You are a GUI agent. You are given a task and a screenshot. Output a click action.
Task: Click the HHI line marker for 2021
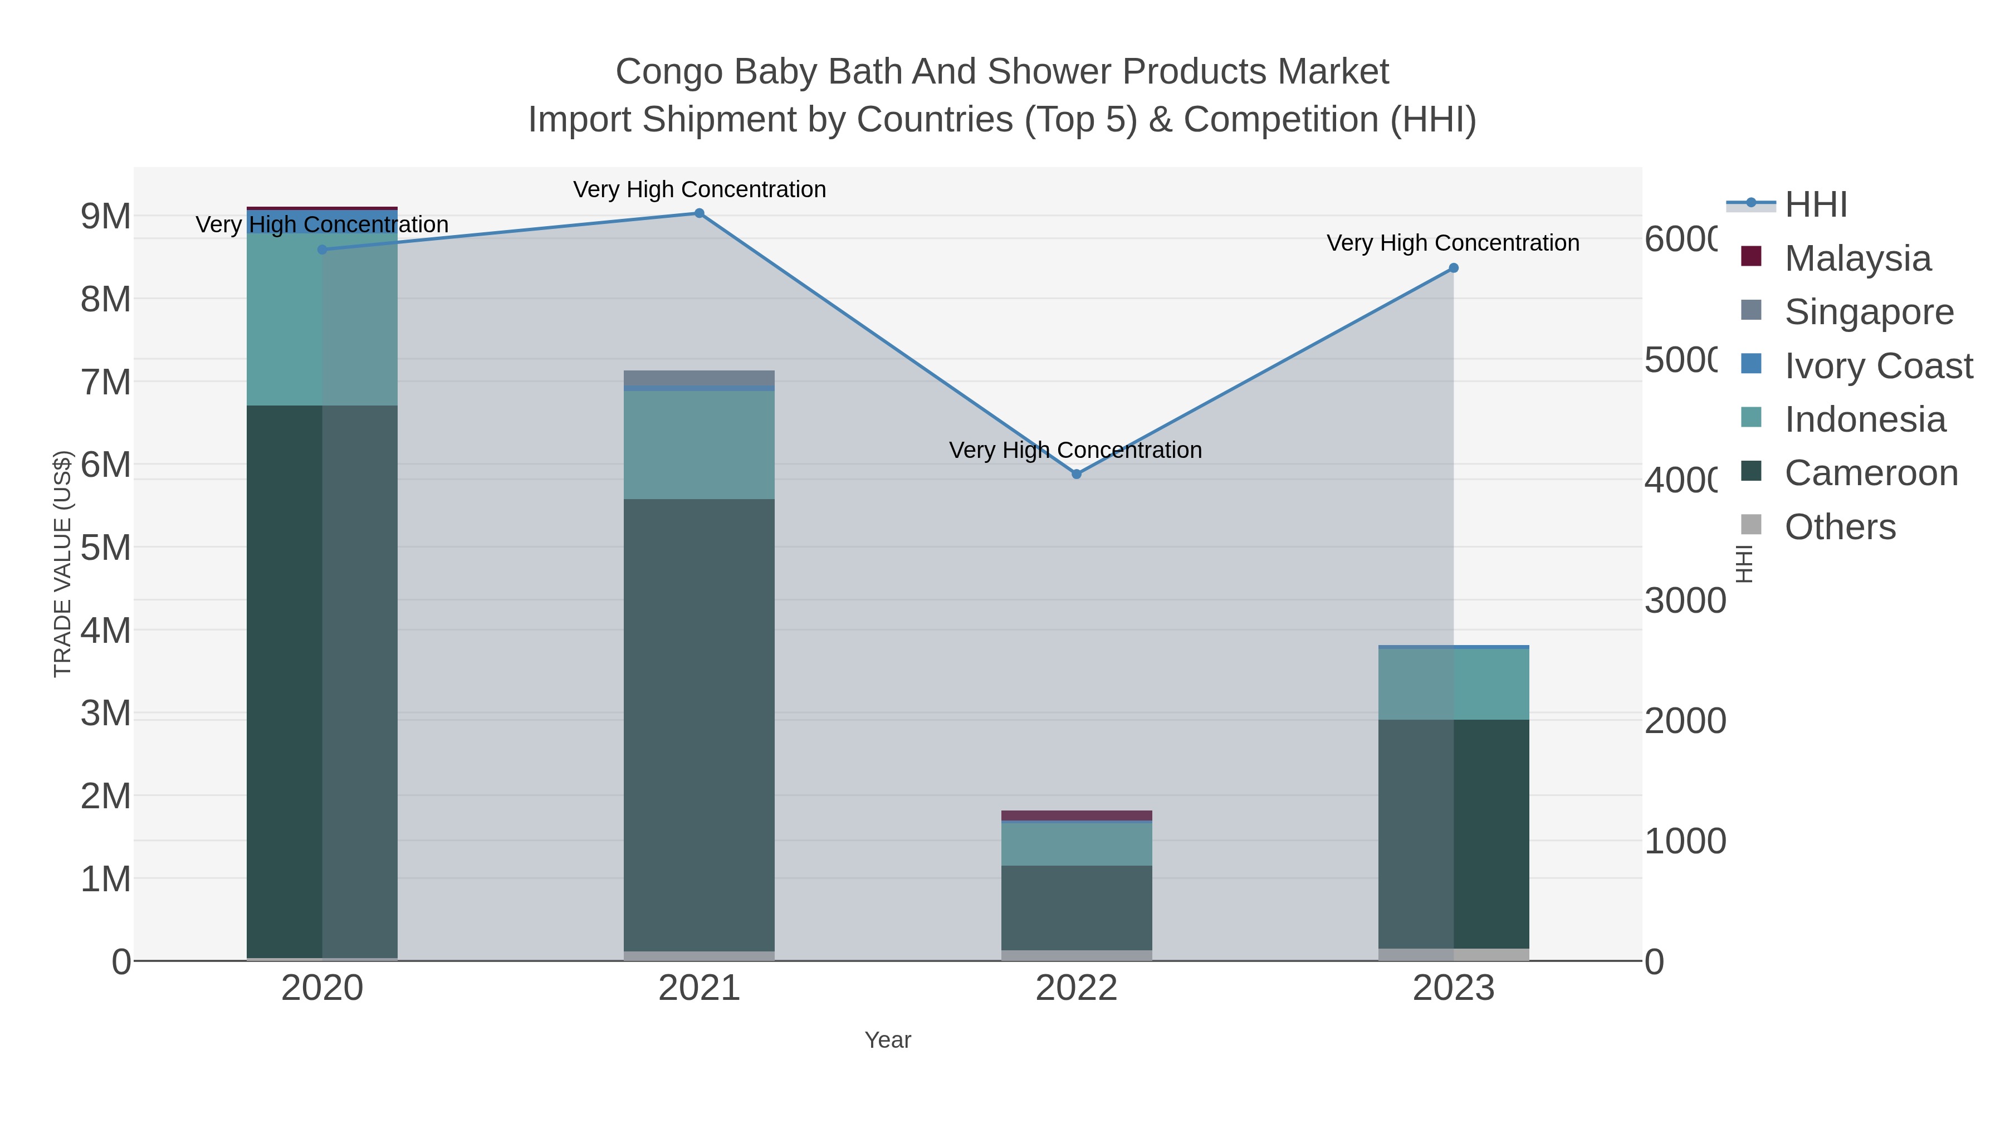click(x=699, y=213)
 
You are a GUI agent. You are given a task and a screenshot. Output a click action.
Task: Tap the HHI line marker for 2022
click(x=1077, y=474)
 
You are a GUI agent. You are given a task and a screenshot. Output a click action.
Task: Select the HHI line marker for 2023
click(x=1453, y=268)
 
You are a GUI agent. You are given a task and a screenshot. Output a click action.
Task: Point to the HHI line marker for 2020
click(x=322, y=249)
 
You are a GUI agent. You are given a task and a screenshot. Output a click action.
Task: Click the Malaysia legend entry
click(x=1857, y=258)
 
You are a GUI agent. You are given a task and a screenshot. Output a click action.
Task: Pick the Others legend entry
click(x=1839, y=527)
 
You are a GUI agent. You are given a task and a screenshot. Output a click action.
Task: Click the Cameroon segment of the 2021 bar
click(x=699, y=724)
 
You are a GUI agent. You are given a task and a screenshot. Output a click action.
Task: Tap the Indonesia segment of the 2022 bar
click(x=1077, y=844)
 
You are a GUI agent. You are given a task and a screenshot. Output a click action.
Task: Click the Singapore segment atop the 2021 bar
click(x=699, y=378)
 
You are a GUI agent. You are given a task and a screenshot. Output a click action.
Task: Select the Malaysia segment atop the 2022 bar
click(x=1077, y=815)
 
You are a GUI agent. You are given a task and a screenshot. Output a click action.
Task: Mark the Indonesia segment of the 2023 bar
click(x=1453, y=684)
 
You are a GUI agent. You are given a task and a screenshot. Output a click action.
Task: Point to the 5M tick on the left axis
click(x=106, y=548)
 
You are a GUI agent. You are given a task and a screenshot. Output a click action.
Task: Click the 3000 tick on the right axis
click(x=1684, y=601)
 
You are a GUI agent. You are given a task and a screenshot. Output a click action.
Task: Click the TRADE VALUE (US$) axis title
click(x=62, y=564)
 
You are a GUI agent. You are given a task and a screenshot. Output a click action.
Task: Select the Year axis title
click(x=887, y=1040)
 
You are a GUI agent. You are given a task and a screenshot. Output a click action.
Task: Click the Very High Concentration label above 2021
click(x=699, y=189)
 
